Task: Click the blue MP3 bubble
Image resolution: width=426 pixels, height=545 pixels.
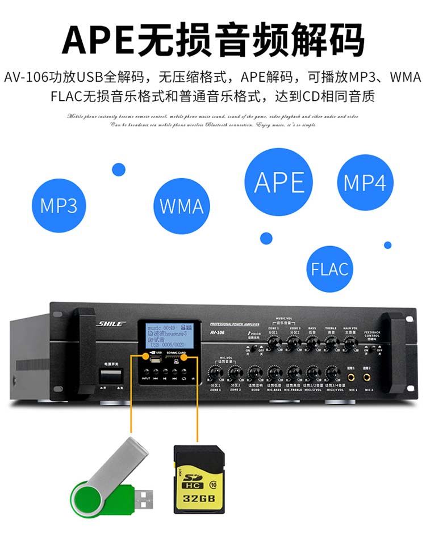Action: (x=59, y=205)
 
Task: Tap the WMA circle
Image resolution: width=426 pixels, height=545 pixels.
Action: (x=181, y=206)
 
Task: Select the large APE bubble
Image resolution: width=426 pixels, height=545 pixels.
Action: (x=279, y=182)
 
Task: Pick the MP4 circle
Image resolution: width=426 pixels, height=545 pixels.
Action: (x=365, y=183)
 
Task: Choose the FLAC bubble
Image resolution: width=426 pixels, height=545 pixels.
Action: (x=330, y=268)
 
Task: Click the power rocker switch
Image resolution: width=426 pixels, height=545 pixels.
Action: (x=112, y=375)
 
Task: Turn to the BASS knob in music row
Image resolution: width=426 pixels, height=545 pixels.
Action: (x=312, y=341)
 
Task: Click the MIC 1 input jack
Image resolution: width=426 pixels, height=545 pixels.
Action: (x=351, y=375)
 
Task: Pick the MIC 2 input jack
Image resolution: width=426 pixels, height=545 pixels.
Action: (x=369, y=375)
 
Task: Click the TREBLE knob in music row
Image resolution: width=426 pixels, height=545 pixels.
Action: (x=331, y=341)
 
